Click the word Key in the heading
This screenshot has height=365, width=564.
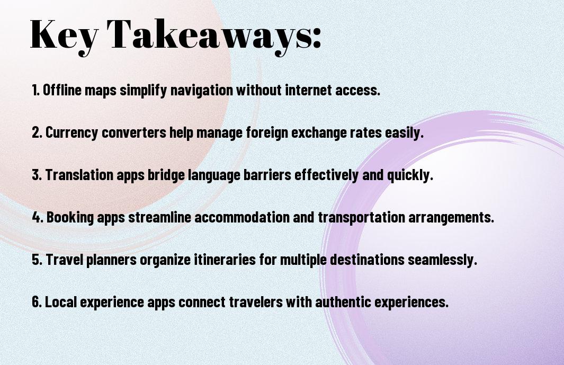[x=64, y=35]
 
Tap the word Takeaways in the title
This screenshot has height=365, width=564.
[x=209, y=35]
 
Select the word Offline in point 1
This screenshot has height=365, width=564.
[x=62, y=90]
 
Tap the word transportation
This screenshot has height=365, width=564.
[x=362, y=217]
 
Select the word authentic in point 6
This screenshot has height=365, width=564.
[x=343, y=301]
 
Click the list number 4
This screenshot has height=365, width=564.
[x=37, y=217]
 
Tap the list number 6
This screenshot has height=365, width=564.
[x=36, y=301]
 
